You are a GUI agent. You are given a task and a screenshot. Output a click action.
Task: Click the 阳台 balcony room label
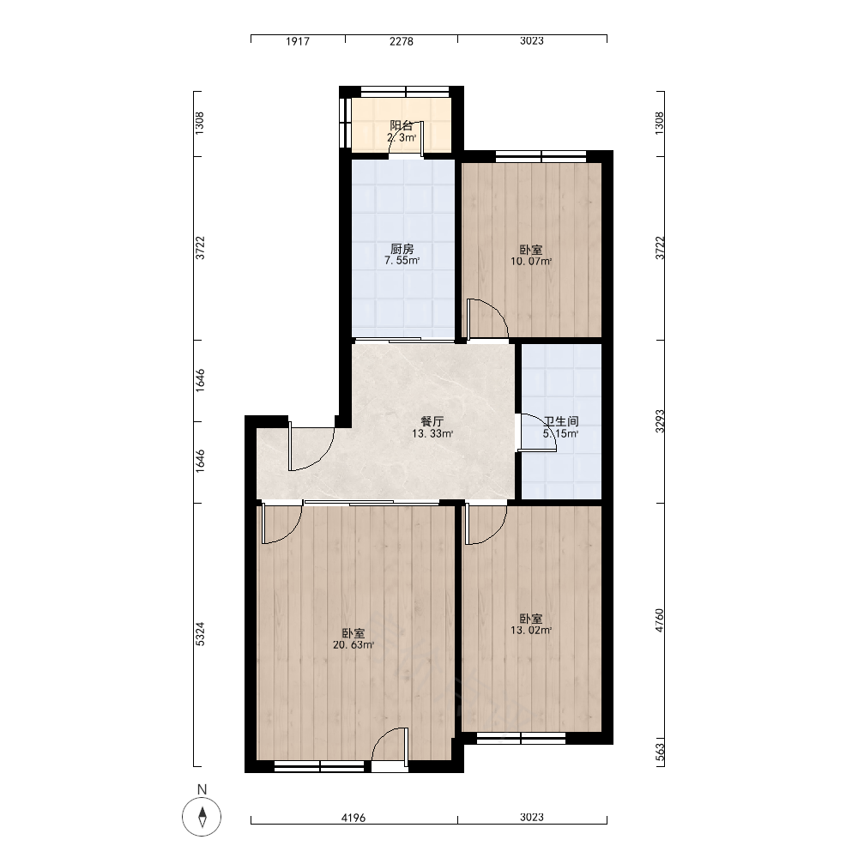pyautogui.click(x=401, y=125)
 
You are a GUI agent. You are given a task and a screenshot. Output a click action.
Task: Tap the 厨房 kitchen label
pyautogui.click(x=402, y=250)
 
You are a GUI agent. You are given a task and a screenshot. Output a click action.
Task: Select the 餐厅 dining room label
pyautogui.click(x=432, y=421)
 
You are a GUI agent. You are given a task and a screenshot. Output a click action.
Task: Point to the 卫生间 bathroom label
pyautogui.click(x=561, y=421)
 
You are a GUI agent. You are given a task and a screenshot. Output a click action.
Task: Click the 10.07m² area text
pyautogui.click(x=531, y=262)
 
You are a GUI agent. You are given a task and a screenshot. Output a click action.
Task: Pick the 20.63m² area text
pyautogui.click(x=353, y=645)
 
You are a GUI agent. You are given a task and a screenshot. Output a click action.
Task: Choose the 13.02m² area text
pyautogui.click(x=531, y=631)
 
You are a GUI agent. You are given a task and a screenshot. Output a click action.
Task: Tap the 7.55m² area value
pyautogui.click(x=402, y=261)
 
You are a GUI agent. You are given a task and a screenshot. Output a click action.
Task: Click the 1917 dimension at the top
pyautogui.click(x=298, y=41)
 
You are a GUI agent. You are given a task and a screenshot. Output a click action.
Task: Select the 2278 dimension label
pyautogui.click(x=401, y=41)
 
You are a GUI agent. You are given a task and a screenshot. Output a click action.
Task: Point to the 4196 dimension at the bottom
pyautogui.click(x=353, y=818)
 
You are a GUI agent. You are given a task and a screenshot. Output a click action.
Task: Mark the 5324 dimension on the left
pyautogui.click(x=200, y=634)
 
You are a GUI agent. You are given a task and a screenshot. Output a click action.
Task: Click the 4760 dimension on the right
pyautogui.click(x=660, y=620)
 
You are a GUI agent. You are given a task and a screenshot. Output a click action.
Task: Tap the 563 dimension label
pyautogui.click(x=660, y=752)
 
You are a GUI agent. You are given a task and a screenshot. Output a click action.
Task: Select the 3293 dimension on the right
pyautogui.click(x=660, y=421)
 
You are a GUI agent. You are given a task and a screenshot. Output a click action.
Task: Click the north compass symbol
pyautogui.click(x=202, y=818)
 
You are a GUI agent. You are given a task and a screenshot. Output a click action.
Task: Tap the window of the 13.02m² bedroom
pyautogui.click(x=521, y=738)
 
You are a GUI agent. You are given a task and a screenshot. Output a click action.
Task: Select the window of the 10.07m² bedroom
pyautogui.click(x=541, y=156)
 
